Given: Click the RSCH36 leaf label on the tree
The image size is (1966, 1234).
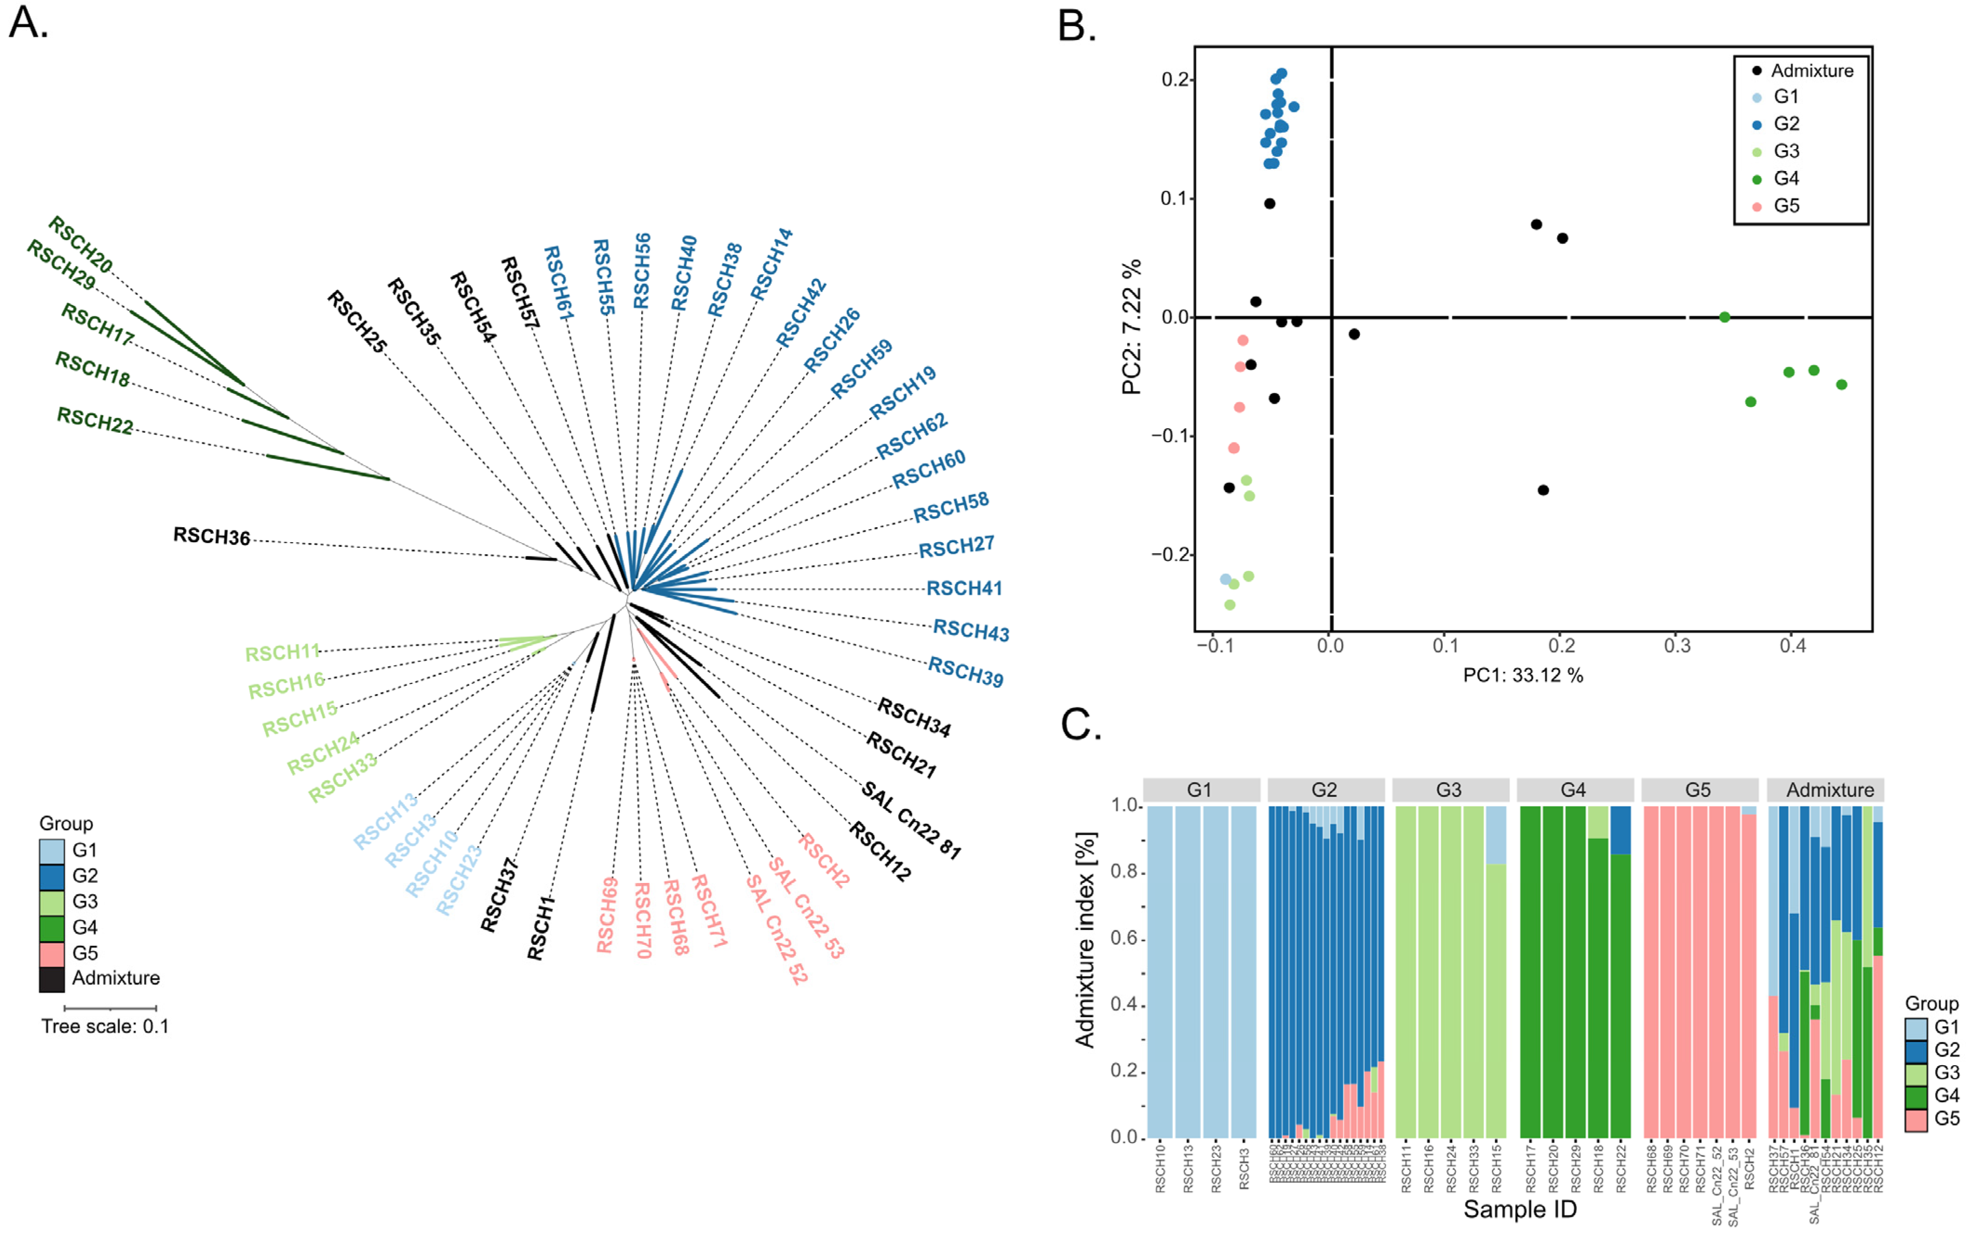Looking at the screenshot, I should pyautogui.click(x=212, y=536).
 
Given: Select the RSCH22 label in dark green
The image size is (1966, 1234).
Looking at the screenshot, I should pyautogui.click(x=95, y=420).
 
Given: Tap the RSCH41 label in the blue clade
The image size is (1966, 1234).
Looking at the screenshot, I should pyautogui.click(x=964, y=589).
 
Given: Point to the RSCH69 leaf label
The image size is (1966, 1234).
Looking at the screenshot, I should pyautogui.click(x=606, y=915).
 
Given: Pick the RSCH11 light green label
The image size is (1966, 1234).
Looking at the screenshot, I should pyautogui.click(x=282, y=652).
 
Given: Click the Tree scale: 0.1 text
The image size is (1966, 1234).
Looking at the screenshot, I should pyautogui.click(x=105, y=1027).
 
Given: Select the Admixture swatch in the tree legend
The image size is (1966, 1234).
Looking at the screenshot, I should pyautogui.click(x=52, y=979).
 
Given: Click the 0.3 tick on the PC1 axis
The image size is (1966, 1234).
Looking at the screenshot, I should pyautogui.click(x=1677, y=646).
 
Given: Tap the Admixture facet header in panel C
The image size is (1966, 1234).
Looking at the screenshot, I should pyautogui.click(x=1830, y=790).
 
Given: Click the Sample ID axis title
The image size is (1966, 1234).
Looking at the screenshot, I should pyautogui.click(x=1519, y=1209).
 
